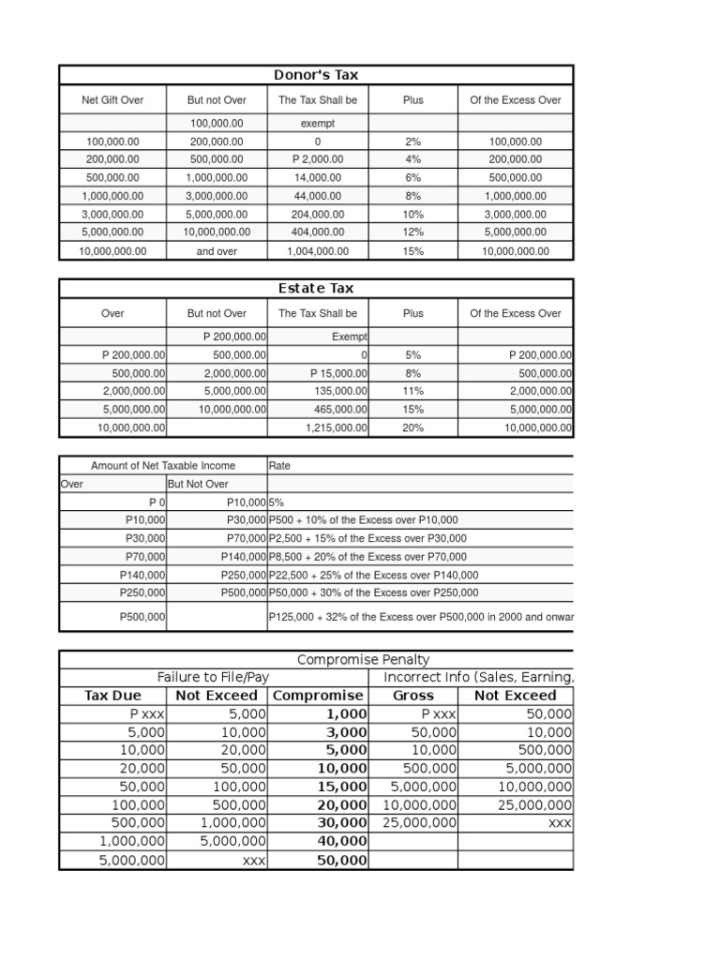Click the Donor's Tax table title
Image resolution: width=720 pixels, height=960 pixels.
pos(315,75)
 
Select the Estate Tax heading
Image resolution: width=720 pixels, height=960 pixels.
pos(315,289)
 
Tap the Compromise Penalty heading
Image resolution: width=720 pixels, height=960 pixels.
pos(363,660)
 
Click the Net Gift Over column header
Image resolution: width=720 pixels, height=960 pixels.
pos(112,100)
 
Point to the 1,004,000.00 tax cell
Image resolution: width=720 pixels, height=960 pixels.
pos(318,251)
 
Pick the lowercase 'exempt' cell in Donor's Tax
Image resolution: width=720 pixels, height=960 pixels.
pos(318,123)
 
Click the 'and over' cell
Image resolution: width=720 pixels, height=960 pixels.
pos(217,251)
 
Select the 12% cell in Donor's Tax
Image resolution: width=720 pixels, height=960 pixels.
pos(413,232)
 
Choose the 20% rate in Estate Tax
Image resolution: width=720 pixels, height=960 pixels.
pos(413,427)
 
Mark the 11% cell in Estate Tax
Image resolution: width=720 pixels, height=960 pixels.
pos(413,391)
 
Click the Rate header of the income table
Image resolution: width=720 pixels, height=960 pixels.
pos(279,465)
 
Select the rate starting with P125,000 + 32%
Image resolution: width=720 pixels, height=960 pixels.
pos(421,617)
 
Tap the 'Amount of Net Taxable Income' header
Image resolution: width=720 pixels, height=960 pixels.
pos(163,465)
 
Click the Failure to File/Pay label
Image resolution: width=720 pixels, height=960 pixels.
pos(213,677)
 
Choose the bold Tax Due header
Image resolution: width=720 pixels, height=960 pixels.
pos(112,696)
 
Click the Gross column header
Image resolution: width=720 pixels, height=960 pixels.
pos(413,696)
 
